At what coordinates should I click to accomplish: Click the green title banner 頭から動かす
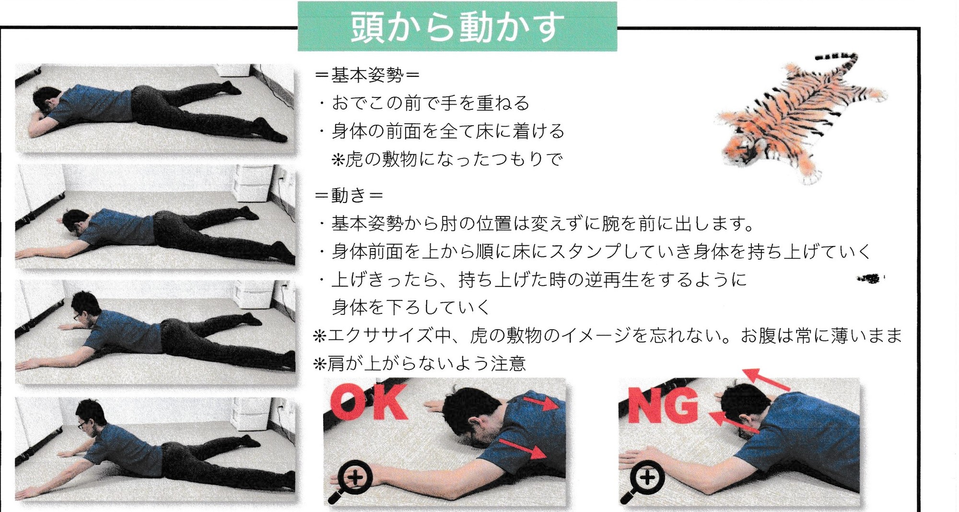point(457,26)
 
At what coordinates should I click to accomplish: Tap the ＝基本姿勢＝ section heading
point(367,75)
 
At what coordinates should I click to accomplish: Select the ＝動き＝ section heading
point(349,195)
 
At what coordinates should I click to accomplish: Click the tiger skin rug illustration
point(800,118)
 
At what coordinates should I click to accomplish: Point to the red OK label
point(368,402)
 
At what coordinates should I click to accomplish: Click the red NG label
point(663,406)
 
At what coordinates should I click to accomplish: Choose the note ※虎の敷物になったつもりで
point(446,159)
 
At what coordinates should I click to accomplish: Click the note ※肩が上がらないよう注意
point(419,363)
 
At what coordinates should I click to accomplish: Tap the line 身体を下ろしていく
point(410,307)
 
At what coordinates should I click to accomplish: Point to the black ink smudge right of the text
point(870,278)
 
